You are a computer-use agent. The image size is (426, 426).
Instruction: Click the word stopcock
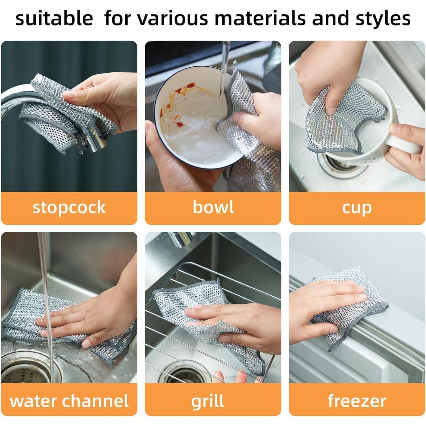pos(69,208)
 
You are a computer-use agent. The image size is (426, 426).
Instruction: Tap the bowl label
pos(213,207)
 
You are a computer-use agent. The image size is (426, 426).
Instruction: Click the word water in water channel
pos(33,401)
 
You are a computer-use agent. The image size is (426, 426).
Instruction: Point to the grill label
pos(207,401)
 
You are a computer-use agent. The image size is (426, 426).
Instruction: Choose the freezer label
pos(357,401)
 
